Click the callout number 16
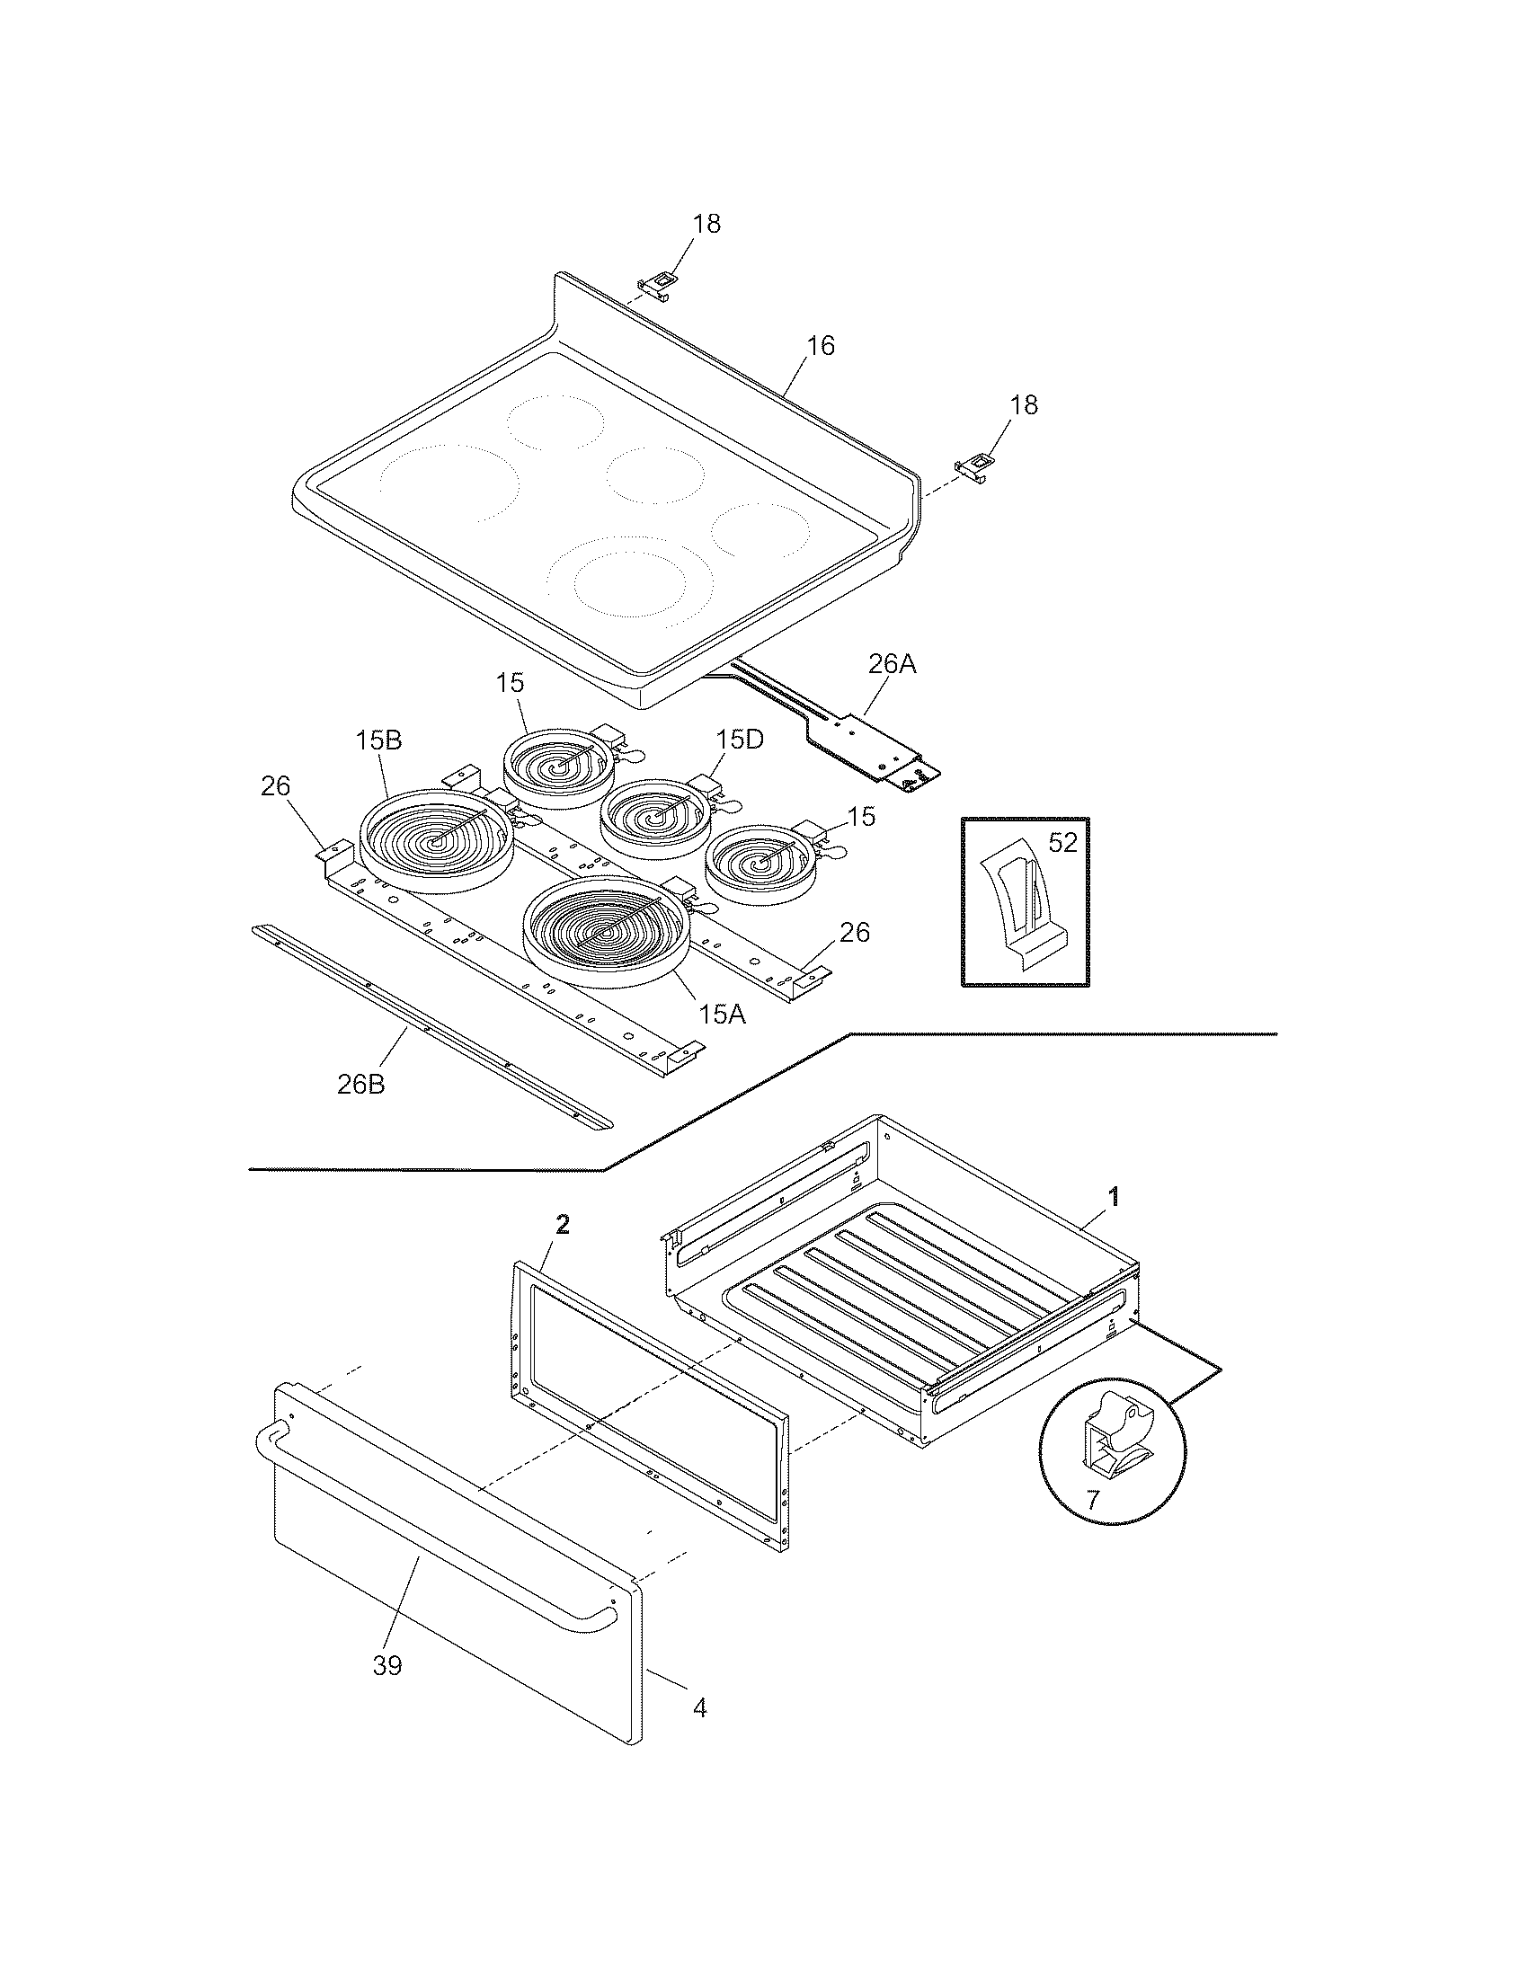pyautogui.click(x=820, y=347)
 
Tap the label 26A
pyautogui.click(x=892, y=664)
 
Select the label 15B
pyautogui.click(x=378, y=740)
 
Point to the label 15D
pyautogui.click(x=739, y=740)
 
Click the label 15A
pyautogui.click(x=722, y=1015)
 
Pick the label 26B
pyautogui.click(x=360, y=1084)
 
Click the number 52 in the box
pyautogui.click(x=1062, y=843)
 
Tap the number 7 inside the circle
pyautogui.click(x=1092, y=1500)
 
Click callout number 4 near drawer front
pyautogui.click(x=698, y=1707)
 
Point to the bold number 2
pyautogui.click(x=562, y=1225)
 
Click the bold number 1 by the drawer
pyautogui.click(x=1115, y=1197)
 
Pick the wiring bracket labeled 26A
pyautogui.click(x=869, y=738)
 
